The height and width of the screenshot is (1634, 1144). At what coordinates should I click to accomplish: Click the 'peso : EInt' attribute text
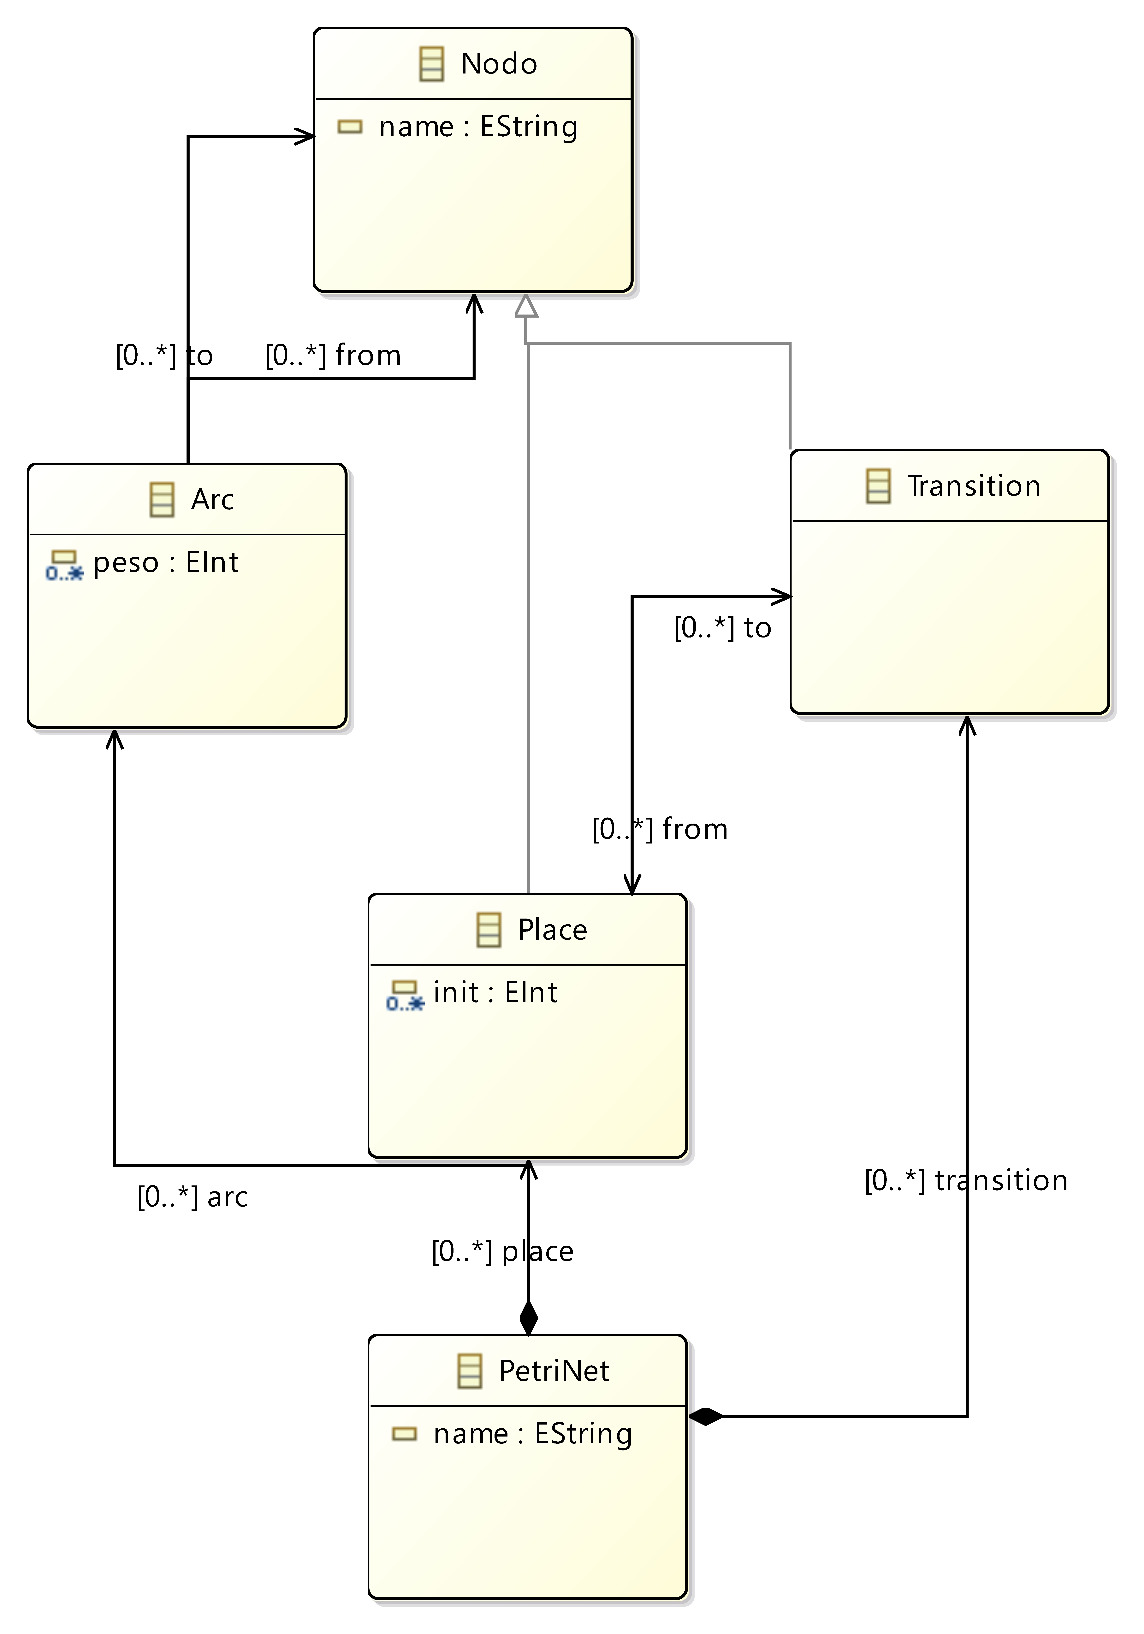click(166, 562)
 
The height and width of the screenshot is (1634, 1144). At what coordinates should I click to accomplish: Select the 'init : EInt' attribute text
click(495, 992)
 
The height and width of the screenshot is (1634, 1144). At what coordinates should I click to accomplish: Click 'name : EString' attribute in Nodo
click(478, 127)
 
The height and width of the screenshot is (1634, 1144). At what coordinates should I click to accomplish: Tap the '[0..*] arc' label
click(192, 1197)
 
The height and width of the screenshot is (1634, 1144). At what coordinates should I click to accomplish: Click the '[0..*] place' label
click(503, 1251)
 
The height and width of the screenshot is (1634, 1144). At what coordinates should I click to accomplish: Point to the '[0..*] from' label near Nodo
click(333, 355)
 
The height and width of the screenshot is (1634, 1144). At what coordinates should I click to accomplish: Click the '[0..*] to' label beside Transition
click(723, 628)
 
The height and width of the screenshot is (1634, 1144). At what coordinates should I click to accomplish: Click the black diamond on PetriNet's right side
click(706, 1416)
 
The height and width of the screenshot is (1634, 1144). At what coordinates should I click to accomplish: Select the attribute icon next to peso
click(64, 565)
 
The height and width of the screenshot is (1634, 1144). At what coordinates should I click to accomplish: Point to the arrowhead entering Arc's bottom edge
click(115, 739)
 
